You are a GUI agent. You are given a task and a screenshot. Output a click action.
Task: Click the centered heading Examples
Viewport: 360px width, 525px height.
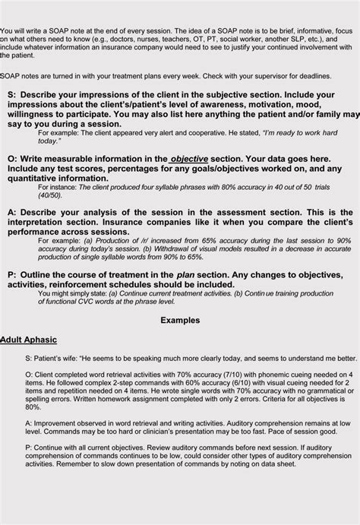point(179,321)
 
